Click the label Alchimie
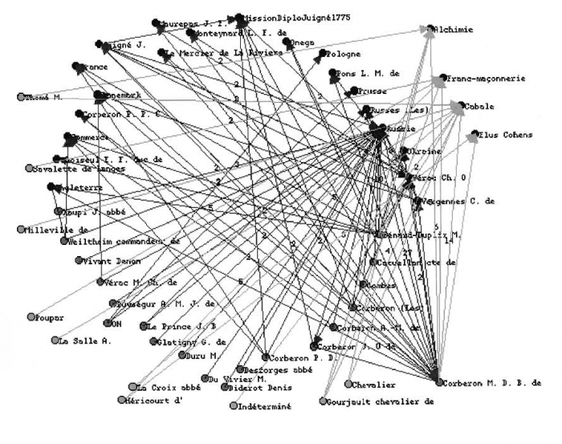(454, 31)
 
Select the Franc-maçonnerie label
(485, 79)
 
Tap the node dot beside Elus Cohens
(475, 134)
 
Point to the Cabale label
(478, 106)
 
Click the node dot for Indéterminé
(234, 406)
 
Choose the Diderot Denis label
(258, 388)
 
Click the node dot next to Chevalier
(349, 384)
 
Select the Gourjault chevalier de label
(381, 401)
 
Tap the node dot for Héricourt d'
(121, 400)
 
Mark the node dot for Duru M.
(181, 355)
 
